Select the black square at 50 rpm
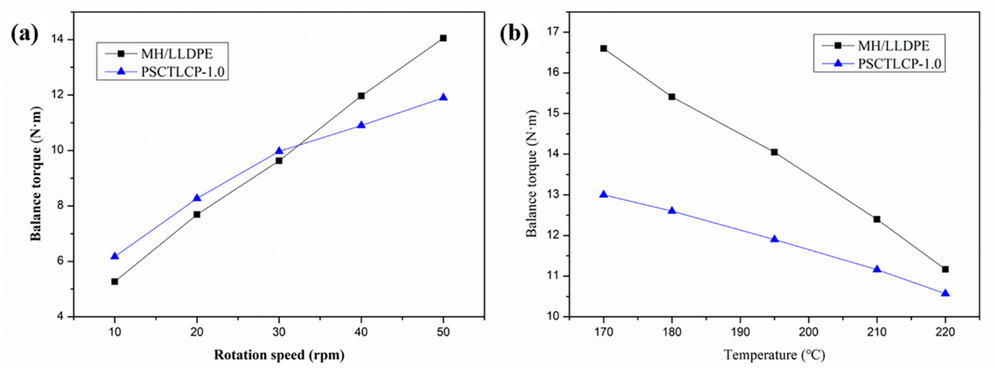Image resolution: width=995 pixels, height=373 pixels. click(x=443, y=38)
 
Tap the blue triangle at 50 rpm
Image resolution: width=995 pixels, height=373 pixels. click(x=443, y=97)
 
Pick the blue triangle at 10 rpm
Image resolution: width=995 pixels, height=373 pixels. click(x=114, y=256)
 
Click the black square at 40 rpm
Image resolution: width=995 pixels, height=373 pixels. click(x=361, y=96)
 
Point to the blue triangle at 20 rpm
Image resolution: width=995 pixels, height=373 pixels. click(x=197, y=198)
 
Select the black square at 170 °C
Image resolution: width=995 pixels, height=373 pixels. click(x=603, y=48)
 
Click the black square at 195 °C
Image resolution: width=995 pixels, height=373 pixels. click(x=774, y=152)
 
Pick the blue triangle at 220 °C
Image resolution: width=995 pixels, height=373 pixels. click(x=945, y=293)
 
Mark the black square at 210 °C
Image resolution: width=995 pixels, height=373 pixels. click(x=877, y=219)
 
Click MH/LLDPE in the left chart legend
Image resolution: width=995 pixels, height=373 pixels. click(x=177, y=54)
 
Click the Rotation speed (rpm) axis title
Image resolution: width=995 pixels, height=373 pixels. click(x=279, y=355)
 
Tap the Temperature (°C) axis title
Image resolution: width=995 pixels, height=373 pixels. click(x=774, y=355)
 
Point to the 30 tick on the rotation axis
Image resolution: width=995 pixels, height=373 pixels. click(x=279, y=332)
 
